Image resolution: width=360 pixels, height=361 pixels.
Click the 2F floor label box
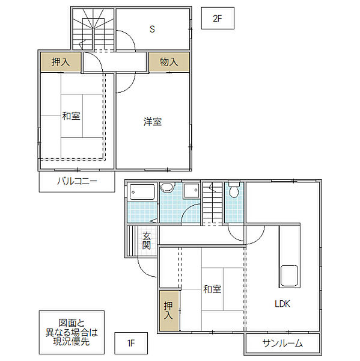[x=218, y=18]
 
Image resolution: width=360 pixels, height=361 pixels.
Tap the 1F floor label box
[x=131, y=343]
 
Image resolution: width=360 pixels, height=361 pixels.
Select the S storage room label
[x=152, y=29]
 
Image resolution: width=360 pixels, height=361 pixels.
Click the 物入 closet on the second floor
[x=169, y=62]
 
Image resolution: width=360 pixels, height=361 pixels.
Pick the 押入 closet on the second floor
[x=61, y=62]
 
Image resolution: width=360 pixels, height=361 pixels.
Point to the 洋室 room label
[x=153, y=122]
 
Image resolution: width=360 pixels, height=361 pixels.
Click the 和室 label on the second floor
[x=72, y=116]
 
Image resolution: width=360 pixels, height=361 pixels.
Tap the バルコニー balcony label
[x=77, y=181]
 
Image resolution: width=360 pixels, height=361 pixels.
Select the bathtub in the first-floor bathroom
[x=142, y=192]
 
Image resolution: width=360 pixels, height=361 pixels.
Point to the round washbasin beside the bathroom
[x=166, y=187]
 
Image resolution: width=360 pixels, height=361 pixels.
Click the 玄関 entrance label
[x=147, y=241]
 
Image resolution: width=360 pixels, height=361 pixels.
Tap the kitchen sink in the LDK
[x=289, y=276]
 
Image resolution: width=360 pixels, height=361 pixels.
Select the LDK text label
[x=282, y=304]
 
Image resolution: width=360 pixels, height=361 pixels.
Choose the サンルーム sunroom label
[x=282, y=344]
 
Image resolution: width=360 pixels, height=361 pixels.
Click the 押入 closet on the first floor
[x=169, y=310]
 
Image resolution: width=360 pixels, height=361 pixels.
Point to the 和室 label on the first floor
[x=212, y=289]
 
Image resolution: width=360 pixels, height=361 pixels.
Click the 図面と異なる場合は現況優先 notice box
[x=72, y=332]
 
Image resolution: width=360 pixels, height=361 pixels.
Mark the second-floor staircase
[x=93, y=29]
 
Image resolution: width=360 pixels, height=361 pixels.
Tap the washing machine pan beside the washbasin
[x=191, y=190]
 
